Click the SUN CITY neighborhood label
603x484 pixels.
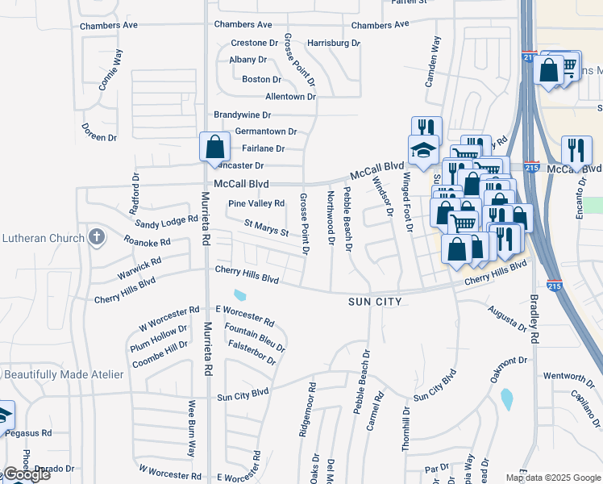pos(375,301)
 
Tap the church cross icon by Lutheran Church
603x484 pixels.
pos(97,237)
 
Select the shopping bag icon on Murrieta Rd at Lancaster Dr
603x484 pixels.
pos(214,147)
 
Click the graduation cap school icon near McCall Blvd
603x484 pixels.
pos(422,149)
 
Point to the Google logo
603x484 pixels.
pos(26,474)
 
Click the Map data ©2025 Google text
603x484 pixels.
pos(553,478)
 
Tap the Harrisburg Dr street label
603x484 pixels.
pos(334,42)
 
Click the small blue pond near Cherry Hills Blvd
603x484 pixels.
pos(240,297)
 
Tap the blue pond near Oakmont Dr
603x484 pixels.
pos(507,398)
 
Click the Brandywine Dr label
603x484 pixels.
pos(242,115)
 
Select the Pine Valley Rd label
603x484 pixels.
pos(256,203)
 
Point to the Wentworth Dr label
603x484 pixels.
pos(568,376)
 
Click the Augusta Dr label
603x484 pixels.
pos(507,320)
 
